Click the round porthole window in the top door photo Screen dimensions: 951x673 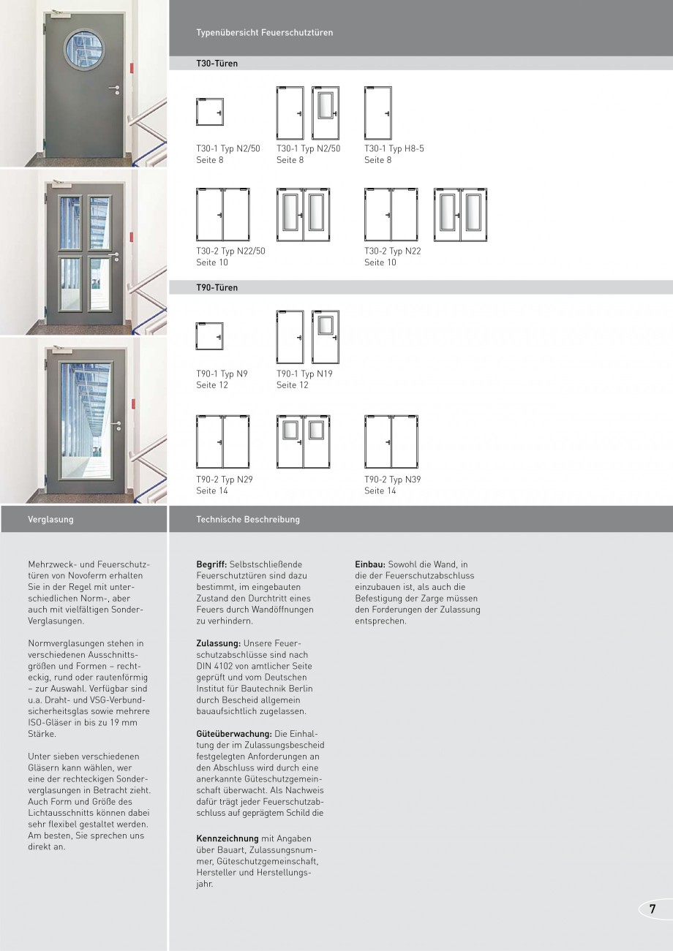(83, 50)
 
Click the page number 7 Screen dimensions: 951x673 (652, 909)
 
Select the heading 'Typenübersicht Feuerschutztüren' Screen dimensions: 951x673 (265, 33)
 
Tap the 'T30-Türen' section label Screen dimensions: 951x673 (217, 64)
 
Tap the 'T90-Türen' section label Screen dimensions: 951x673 (217, 288)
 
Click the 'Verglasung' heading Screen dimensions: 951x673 (50, 520)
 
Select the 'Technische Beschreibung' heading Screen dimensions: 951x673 (248, 520)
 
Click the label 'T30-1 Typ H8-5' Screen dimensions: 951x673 (394, 148)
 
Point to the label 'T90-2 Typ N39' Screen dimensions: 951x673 (393, 480)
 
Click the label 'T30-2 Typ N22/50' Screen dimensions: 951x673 (230, 251)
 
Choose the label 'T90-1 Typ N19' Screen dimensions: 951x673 (304, 374)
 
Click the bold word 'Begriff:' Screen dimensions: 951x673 (211, 564)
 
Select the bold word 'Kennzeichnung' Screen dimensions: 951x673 (228, 838)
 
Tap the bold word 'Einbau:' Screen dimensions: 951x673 (370, 564)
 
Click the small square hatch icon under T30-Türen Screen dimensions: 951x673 (210, 112)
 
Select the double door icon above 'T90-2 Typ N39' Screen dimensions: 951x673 (391, 442)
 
